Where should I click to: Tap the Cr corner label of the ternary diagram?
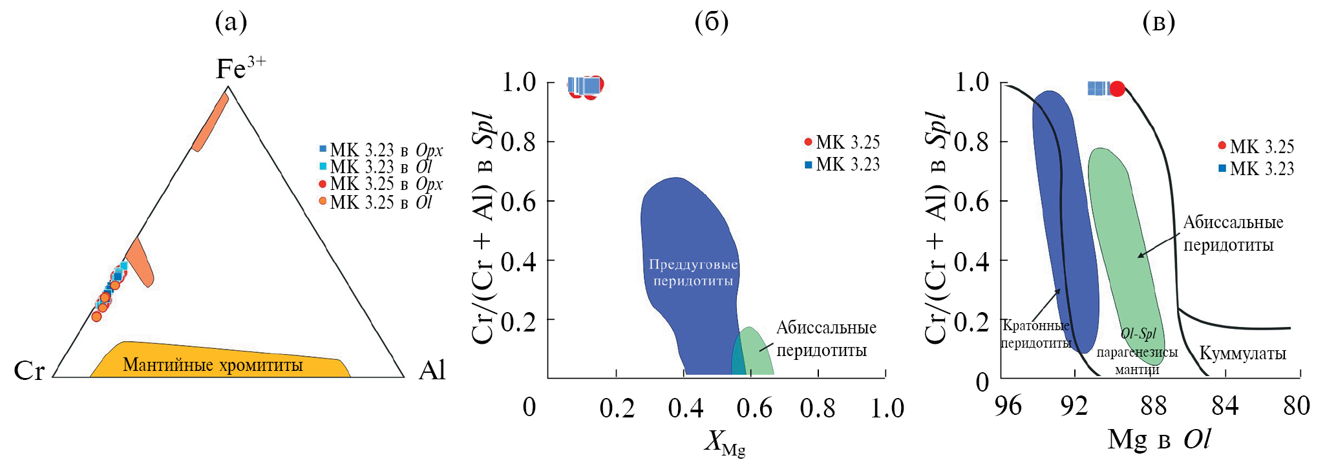click(x=29, y=371)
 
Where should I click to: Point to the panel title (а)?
click(x=231, y=23)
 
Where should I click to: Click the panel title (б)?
click(x=711, y=23)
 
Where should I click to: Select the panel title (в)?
click(x=1158, y=23)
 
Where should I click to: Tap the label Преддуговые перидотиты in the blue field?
click(x=693, y=273)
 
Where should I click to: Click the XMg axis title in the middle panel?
click(x=725, y=443)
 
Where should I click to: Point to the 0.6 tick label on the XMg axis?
click(x=754, y=408)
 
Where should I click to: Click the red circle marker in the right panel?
click(x=1117, y=89)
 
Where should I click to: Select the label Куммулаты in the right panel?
click(x=1242, y=353)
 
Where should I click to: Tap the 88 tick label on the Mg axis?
click(x=1154, y=406)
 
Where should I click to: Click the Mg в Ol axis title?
click(x=1158, y=439)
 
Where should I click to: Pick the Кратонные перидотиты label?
click(x=1035, y=334)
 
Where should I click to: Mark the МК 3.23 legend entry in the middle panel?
click(x=847, y=165)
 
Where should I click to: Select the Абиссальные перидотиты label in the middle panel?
click(x=826, y=339)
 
